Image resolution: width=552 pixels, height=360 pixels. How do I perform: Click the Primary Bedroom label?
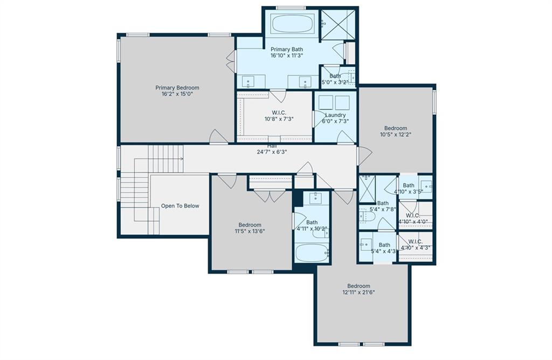click(177, 88)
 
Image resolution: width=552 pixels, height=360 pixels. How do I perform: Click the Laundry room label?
click(335, 115)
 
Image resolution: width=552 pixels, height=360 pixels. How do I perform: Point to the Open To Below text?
click(180, 206)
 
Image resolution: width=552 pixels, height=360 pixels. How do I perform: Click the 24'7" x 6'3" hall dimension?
click(272, 152)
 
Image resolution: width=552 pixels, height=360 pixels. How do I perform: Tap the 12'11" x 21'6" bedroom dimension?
click(358, 292)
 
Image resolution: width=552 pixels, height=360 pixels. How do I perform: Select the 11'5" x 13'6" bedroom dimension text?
click(250, 231)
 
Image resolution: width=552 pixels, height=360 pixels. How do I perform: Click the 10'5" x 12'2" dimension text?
click(396, 134)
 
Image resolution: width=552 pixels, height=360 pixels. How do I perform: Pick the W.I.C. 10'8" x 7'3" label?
click(279, 116)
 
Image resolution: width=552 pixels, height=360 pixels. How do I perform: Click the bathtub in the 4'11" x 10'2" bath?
click(312, 253)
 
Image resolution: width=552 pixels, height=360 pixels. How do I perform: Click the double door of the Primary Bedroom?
click(231, 61)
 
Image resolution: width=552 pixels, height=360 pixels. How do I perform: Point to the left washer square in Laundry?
click(326, 102)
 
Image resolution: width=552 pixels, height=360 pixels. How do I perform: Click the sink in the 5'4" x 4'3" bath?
click(366, 244)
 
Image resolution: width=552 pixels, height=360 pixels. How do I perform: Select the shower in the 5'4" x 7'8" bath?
click(367, 189)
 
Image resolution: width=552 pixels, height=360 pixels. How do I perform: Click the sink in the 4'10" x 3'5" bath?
click(427, 186)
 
